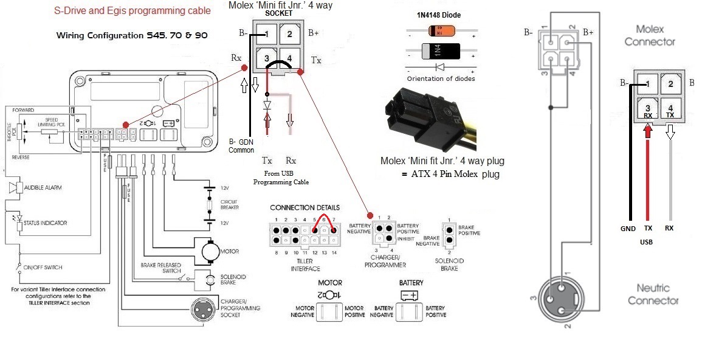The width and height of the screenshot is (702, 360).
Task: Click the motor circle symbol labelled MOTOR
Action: [x=210, y=251]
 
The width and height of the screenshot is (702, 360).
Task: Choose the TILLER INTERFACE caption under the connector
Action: [x=305, y=265]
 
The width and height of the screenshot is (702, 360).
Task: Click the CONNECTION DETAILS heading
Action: [x=305, y=207]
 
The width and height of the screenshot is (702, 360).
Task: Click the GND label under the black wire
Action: [x=628, y=229]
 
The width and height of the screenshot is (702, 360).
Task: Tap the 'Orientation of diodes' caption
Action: [x=441, y=78]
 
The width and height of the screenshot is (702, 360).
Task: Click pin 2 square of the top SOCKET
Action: [x=289, y=35]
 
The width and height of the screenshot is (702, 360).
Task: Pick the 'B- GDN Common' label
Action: [x=241, y=145]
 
